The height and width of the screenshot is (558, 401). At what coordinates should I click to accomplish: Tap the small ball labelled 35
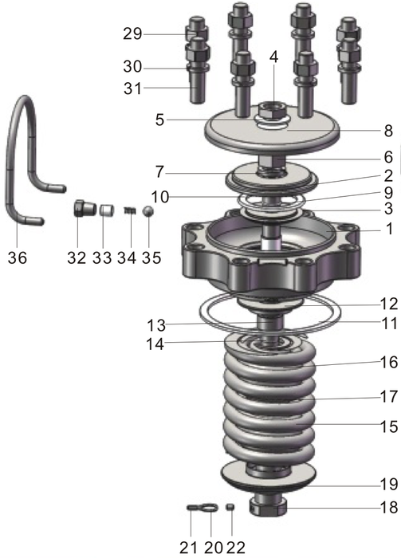[x=148, y=211]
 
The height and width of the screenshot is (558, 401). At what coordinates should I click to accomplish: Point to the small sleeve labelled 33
[x=104, y=211]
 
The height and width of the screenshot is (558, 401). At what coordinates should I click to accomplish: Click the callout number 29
[x=132, y=34]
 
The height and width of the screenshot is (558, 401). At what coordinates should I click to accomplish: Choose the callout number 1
[x=387, y=228]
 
